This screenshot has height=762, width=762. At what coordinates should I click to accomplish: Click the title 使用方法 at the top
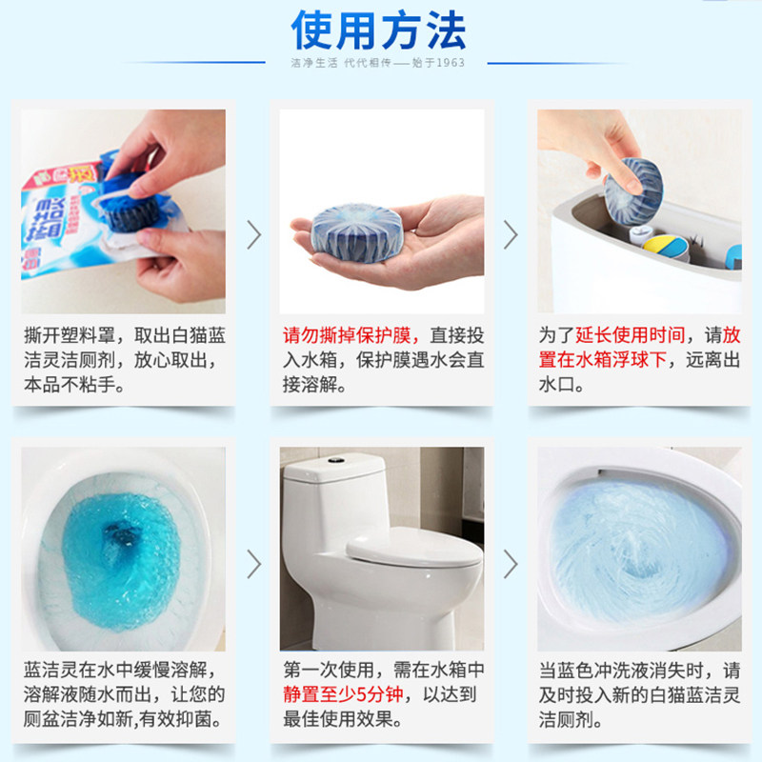point(379,31)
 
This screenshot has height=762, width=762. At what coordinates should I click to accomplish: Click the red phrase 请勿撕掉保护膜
point(351,336)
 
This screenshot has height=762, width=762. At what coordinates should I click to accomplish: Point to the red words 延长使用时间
point(631,336)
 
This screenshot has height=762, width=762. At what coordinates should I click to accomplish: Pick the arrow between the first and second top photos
point(253,234)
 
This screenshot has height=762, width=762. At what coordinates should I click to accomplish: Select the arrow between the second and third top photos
point(510,234)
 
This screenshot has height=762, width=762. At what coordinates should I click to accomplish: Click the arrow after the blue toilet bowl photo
point(253,564)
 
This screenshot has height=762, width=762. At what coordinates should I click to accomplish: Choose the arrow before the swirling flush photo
point(510,564)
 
